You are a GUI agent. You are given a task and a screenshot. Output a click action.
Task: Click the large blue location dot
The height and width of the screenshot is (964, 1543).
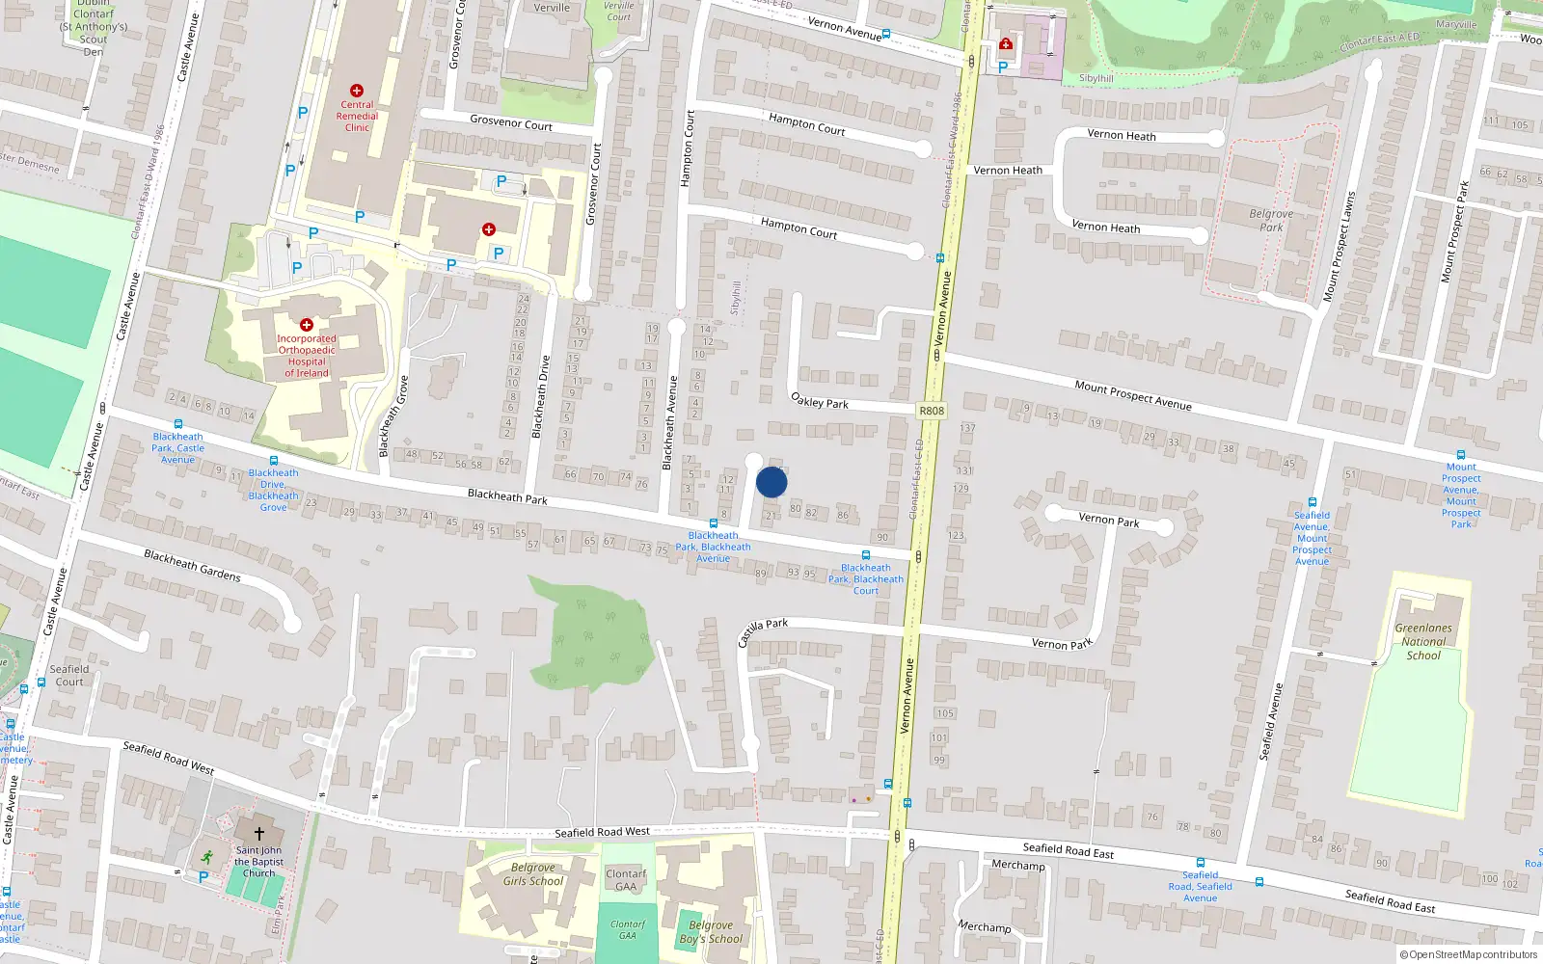[x=771, y=482]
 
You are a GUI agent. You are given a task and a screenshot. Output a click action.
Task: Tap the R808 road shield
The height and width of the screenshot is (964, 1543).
[x=932, y=411]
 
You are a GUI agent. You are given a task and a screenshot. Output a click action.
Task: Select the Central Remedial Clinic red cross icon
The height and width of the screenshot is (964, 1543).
[x=357, y=91]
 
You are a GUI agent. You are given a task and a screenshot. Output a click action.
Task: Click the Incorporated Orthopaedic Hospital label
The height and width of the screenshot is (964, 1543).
[x=307, y=356]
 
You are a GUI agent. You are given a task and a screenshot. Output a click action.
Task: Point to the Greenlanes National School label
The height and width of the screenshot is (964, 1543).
[x=1423, y=641]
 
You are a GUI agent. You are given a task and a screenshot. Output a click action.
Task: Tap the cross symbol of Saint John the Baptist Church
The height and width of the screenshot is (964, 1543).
[x=258, y=833]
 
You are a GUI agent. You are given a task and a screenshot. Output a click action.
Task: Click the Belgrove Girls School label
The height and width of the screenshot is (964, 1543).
[x=533, y=874]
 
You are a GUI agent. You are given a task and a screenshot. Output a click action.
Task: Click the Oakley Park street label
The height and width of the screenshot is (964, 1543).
[x=820, y=400]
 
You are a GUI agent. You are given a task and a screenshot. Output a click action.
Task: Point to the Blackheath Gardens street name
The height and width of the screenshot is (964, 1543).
[x=192, y=565]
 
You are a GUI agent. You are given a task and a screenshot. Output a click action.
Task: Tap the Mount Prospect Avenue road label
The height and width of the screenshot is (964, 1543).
[x=1133, y=395]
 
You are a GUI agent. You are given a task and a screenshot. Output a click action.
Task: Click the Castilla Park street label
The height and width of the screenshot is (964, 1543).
[x=763, y=631]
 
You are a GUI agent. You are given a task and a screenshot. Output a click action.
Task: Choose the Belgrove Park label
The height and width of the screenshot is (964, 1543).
[x=1271, y=221]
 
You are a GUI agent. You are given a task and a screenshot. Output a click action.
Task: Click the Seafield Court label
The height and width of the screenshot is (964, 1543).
[x=69, y=675]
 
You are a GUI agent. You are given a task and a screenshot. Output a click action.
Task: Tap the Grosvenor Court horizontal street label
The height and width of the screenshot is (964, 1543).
[x=511, y=122]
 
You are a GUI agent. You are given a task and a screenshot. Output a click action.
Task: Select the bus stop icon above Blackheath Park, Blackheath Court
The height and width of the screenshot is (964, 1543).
[x=866, y=555]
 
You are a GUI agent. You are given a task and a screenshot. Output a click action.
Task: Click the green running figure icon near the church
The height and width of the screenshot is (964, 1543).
[x=206, y=856]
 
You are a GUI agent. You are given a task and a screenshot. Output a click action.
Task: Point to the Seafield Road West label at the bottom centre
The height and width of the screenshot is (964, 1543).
[x=602, y=832]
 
